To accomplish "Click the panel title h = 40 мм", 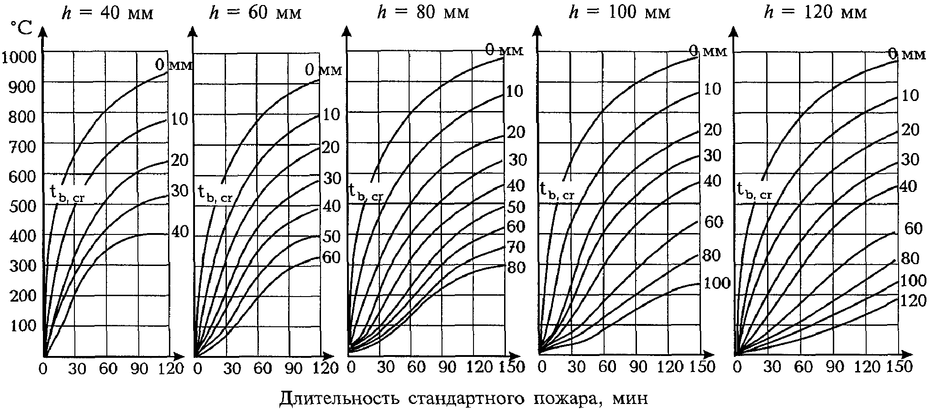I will click(x=107, y=13).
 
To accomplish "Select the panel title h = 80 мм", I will click(x=423, y=13).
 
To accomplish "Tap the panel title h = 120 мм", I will click(x=815, y=13).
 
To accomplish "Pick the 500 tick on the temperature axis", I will click(x=22, y=206).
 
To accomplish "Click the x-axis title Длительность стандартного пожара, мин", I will click(x=463, y=398).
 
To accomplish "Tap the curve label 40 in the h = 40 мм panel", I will click(x=180, y=232).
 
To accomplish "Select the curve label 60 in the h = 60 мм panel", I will click(x=331, y=257).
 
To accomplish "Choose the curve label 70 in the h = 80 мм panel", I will click(x=516, y=247).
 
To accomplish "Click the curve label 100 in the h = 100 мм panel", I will click(x=716, y=283).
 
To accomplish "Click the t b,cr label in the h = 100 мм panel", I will click(x=556, y=191).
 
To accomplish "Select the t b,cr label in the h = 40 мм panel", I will click(x=68, y=194).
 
